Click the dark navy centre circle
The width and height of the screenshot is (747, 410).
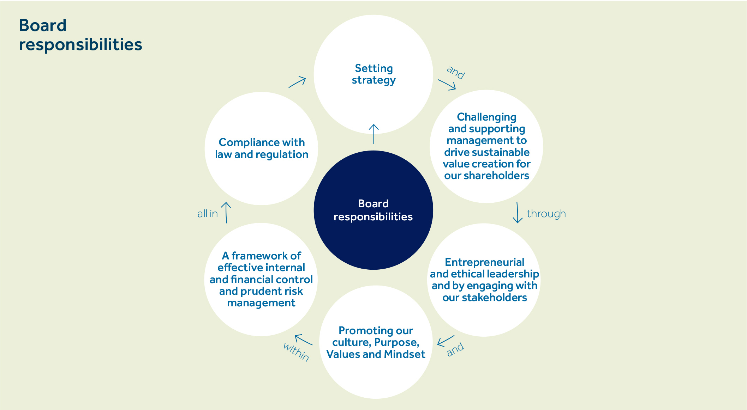(x=373, y=210)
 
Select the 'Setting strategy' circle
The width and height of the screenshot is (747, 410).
(x=373, y=74)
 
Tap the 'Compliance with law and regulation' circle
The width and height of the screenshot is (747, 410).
(x=261, y=148)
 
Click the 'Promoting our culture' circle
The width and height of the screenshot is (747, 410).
(x=376, y=342)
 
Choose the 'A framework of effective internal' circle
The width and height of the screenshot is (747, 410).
(x=261, y=279)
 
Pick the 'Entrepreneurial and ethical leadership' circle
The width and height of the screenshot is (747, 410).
(x=484, y=280)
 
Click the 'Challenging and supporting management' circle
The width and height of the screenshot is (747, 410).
(x=486, y=146)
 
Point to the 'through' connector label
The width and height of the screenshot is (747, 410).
(x=546, y=214)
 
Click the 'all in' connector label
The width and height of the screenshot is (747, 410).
(x=208, y=214)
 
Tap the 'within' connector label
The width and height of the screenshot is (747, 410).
(x=296, y=351)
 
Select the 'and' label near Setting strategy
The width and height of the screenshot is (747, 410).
(x=456, y=72)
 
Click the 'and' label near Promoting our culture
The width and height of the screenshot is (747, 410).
(x=455, y=349)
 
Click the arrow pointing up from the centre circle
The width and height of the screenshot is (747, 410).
(x=373, y=134)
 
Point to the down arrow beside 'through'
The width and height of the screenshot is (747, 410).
(x=518, y=213)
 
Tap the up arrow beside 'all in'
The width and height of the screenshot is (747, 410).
(x=226, y=213)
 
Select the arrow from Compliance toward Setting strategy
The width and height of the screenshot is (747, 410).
(x=297, y=82)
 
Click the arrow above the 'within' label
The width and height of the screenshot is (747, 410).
(x=303, y=339)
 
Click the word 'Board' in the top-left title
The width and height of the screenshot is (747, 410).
(x=43, y=25)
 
